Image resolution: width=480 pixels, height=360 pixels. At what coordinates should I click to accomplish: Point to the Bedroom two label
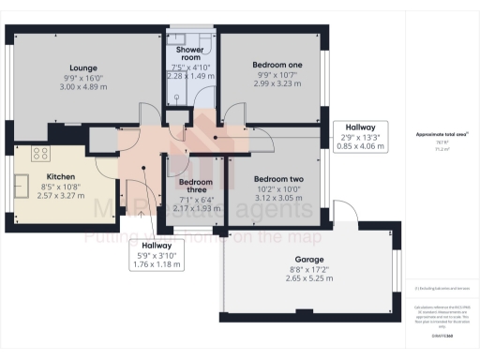click(x=278, y=179)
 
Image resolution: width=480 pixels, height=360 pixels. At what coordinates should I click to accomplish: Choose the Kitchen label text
click(x=61, y=175)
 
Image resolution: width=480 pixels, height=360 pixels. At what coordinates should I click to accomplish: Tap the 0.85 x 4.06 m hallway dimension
click(x=360, y=145)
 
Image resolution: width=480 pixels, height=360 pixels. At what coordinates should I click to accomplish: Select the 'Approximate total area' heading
click(x=442, y=134)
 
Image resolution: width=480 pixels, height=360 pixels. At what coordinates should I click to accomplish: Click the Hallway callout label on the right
click(x=360, y=126)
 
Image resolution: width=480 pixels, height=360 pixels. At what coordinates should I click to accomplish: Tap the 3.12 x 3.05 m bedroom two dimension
click(x=278, y=200)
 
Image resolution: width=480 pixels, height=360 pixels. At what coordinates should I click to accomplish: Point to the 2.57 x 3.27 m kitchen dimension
click(x=61, y=197)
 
